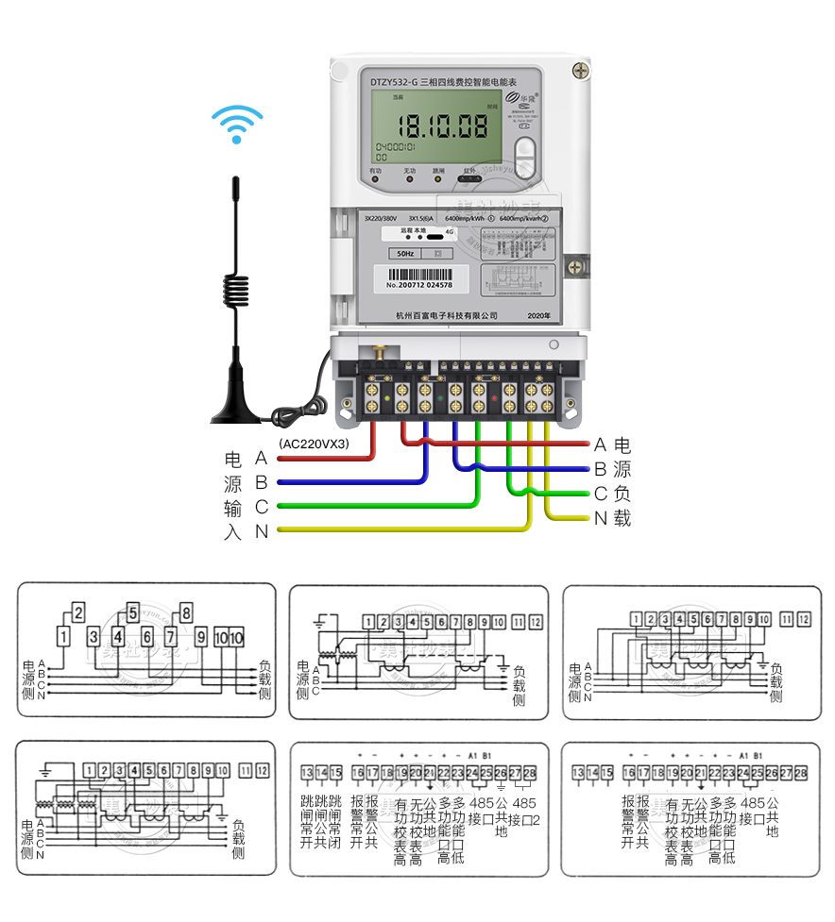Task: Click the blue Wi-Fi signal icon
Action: click(236, 124)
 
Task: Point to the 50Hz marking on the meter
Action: click(405, 254)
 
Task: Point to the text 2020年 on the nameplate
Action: click(539, 314)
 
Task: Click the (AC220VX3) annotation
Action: click(315, 443)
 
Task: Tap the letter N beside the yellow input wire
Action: click(262, 531)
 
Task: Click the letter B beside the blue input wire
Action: click(262, 483)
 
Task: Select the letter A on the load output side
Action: click(600, 444)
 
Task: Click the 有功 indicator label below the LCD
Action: click(376, 171)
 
